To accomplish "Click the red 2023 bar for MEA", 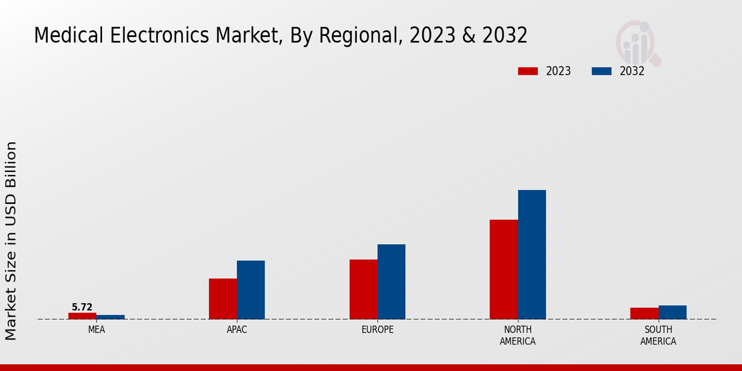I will [x=82, y=316].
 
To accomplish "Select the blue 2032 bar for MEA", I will [x=110, y=317].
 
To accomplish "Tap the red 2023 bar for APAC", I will [x=223, y=299].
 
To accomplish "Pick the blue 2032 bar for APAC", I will [x=250, y=289].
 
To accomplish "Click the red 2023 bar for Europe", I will [x=363, y=289].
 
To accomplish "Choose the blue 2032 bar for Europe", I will [x=391, y=281].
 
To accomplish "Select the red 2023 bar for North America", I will [x=503, y=269].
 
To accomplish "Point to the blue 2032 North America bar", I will [x=532, y=254].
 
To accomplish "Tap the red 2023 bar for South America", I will [x=644, y=313].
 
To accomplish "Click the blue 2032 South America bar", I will [x=672, y=312].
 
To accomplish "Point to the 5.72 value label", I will [x=82, y=307].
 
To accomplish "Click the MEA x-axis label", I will [x=96, y=330].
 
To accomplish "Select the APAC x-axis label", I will [x=237, y=330].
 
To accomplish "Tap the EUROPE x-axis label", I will [x=377, y=330].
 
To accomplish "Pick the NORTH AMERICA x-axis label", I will [x=518, y=336].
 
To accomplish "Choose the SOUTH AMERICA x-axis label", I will [x=658, y=336].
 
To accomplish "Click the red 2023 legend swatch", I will [x=527, y=71].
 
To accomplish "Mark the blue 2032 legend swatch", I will [x=601, y=71].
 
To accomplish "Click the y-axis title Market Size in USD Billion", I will [x=11, y=241].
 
